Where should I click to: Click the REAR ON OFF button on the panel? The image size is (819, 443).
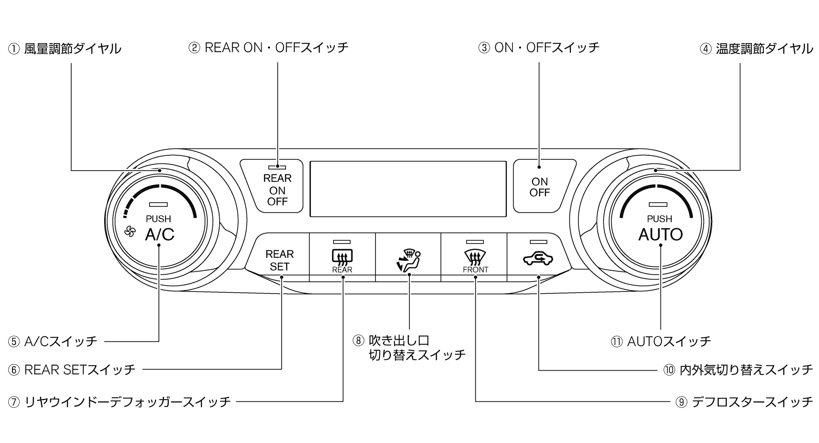(277, 189)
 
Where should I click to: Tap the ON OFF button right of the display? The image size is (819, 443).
(540, 187)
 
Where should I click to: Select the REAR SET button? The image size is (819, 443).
(279, 260)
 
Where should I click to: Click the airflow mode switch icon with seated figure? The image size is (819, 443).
(408, 260)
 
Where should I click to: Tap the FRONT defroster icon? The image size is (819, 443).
(475, 259)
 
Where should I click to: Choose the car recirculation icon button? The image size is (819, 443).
(538, 258)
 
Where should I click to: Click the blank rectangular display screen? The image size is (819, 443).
(408, 189)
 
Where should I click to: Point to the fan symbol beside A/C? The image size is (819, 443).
(130, 232)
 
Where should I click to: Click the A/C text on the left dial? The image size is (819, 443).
(160, 235)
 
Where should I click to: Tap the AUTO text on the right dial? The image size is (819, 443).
(660, 235)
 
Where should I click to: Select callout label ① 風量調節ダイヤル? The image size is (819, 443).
(65, 49)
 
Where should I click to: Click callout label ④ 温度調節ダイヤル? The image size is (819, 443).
(756, 49)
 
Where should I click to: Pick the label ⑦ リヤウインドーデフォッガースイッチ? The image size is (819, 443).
(120, 402)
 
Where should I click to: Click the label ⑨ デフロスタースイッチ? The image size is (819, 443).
(744, 402)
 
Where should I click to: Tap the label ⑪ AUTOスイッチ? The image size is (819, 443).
(661, 341)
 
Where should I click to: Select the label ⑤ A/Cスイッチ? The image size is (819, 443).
(53, 341)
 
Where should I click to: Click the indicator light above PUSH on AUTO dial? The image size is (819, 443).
(658, 205)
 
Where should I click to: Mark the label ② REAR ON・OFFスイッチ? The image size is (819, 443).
(269, 48)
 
